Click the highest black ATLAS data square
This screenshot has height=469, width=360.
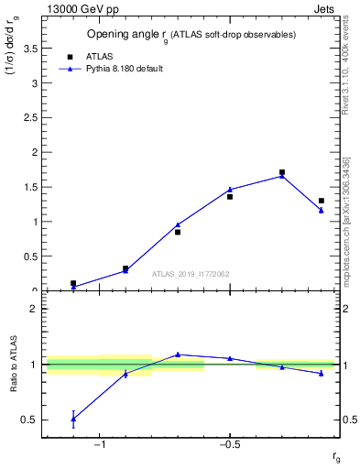click(x=282, y=172)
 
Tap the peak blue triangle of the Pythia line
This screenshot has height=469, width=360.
click(x=282, y=176)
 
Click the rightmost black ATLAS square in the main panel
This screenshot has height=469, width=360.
click(x=321, y=201)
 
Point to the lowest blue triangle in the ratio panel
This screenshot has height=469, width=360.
click(x=73, y=419)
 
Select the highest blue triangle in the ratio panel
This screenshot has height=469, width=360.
click(x=178, y=354)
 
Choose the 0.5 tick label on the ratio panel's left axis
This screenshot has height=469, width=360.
click(x=31, y=420)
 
